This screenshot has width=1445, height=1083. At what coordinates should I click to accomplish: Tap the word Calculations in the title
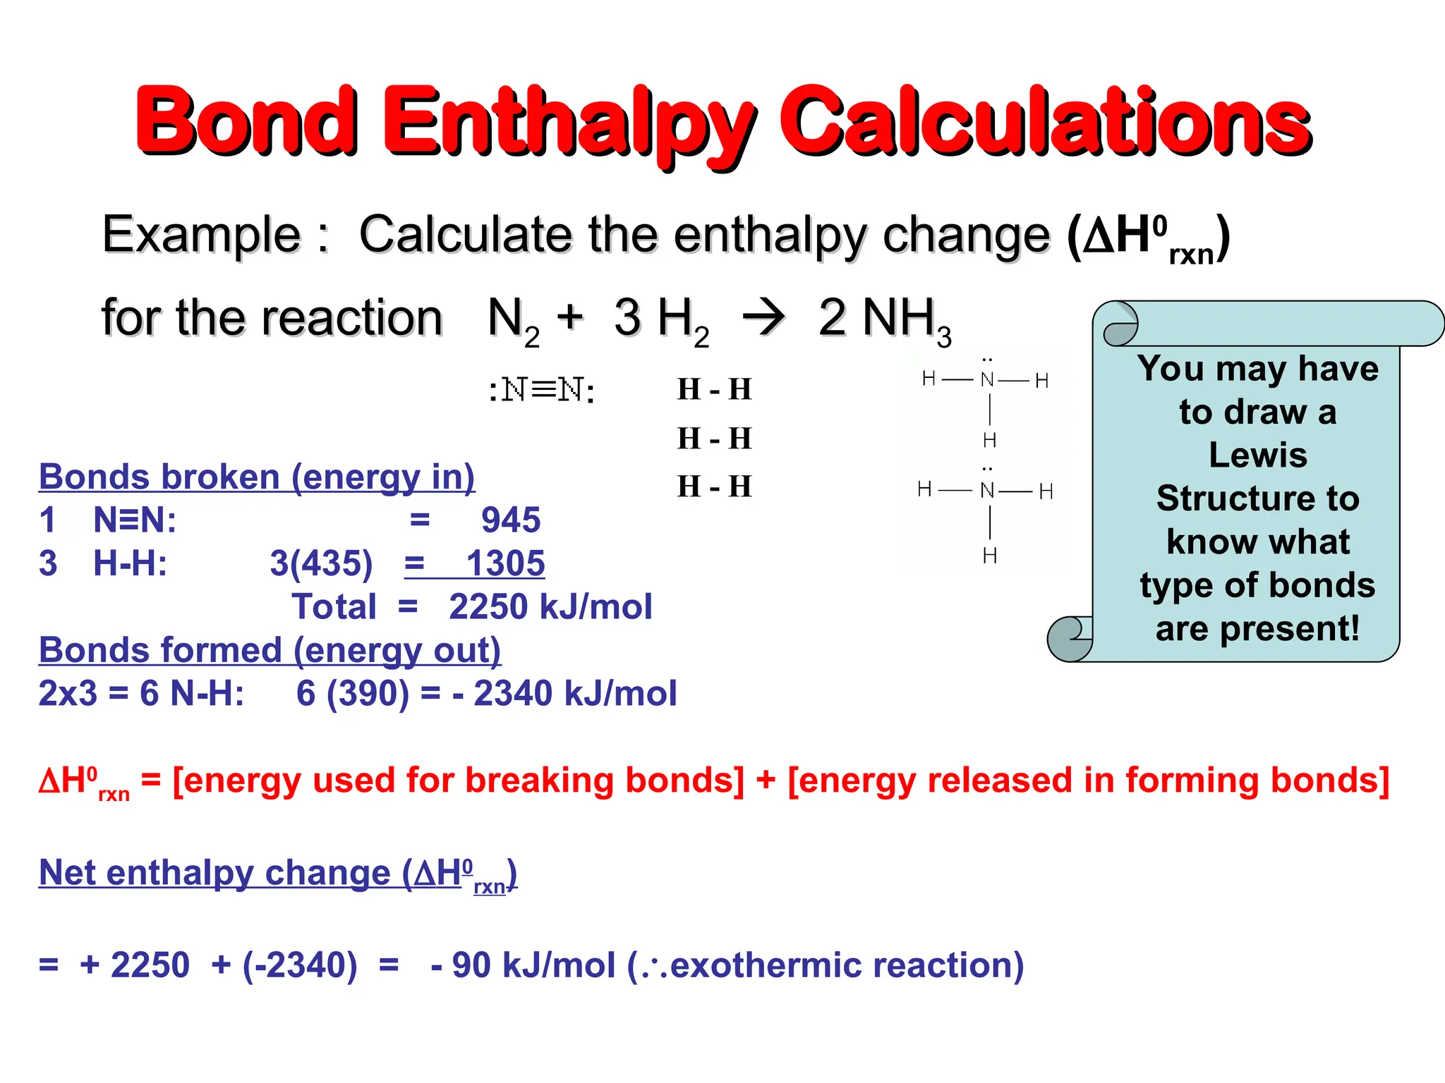click(x=1044, y=121)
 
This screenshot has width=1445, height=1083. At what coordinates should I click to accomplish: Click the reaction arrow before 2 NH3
click(x=763, y=317)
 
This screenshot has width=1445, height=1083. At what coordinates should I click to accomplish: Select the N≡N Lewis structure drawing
click(x=542, y=390)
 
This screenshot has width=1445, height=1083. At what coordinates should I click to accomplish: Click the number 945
click(x=511, y=520)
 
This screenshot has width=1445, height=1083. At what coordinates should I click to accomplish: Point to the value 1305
click(x=505, y=563)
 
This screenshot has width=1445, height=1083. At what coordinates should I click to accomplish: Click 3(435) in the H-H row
click(x=321, y=563)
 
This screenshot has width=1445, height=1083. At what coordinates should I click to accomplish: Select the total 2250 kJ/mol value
click(x=550, y=607)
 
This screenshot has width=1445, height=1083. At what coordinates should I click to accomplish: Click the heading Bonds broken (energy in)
click(x=257, y=477)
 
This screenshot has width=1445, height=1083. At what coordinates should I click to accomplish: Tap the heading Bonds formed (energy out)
click(x=270, y=650)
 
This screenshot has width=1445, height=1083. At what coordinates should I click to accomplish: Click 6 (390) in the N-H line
click(x=353, y=693)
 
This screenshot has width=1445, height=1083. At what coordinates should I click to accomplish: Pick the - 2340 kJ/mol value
click(x=564, y=693)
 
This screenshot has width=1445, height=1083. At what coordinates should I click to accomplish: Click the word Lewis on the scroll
click(x=1257, y=455)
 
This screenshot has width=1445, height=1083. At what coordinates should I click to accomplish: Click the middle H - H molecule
click(x=714, y=439)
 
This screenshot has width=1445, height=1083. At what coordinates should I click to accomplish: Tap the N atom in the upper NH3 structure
click(x=987, y=380)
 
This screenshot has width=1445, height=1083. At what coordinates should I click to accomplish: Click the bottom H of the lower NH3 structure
click(x=989, y=556)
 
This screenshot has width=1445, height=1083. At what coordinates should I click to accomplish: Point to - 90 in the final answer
click(x=461, y=965)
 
